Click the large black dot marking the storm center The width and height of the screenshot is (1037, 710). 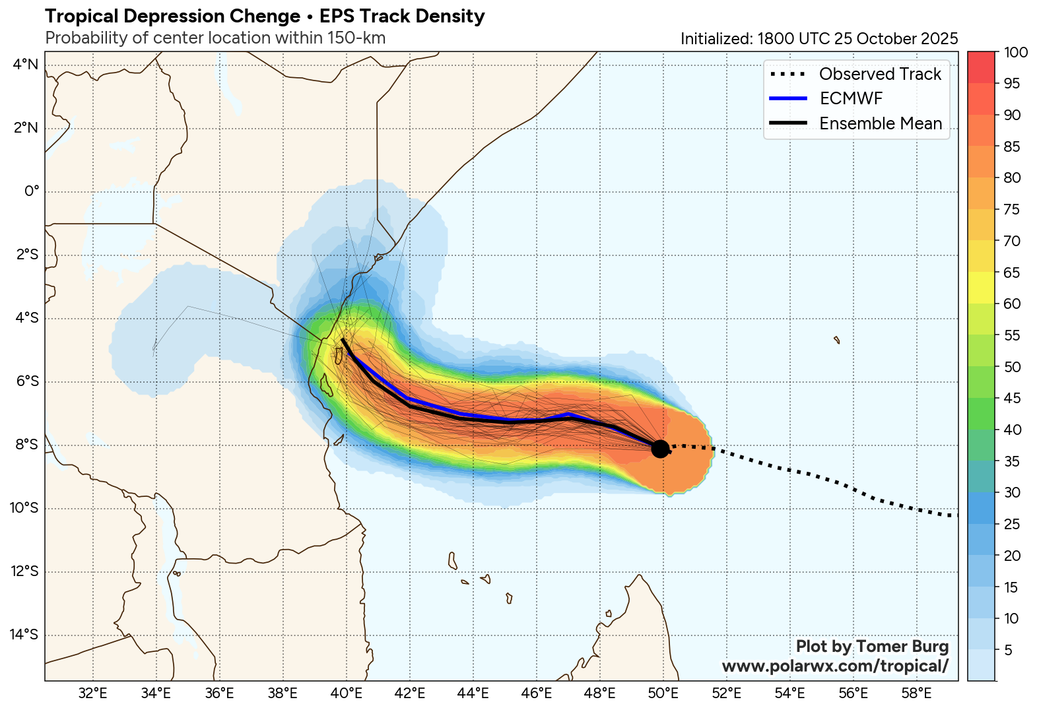pos(659,449)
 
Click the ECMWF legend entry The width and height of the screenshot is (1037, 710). pos(851,98)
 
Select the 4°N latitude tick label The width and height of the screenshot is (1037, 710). pos(26,64)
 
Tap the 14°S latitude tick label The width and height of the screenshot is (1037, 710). pos(24,635)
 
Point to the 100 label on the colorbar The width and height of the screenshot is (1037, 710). pos(1015,52)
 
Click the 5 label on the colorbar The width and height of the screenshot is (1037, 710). pos(1008,651)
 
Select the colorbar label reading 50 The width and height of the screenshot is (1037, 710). pos(1012,367)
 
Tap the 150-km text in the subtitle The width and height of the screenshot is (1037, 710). pos(356,38)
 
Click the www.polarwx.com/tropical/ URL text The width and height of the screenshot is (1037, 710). pos(835,666)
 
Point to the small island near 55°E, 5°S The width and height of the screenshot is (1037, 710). pos(837,340)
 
